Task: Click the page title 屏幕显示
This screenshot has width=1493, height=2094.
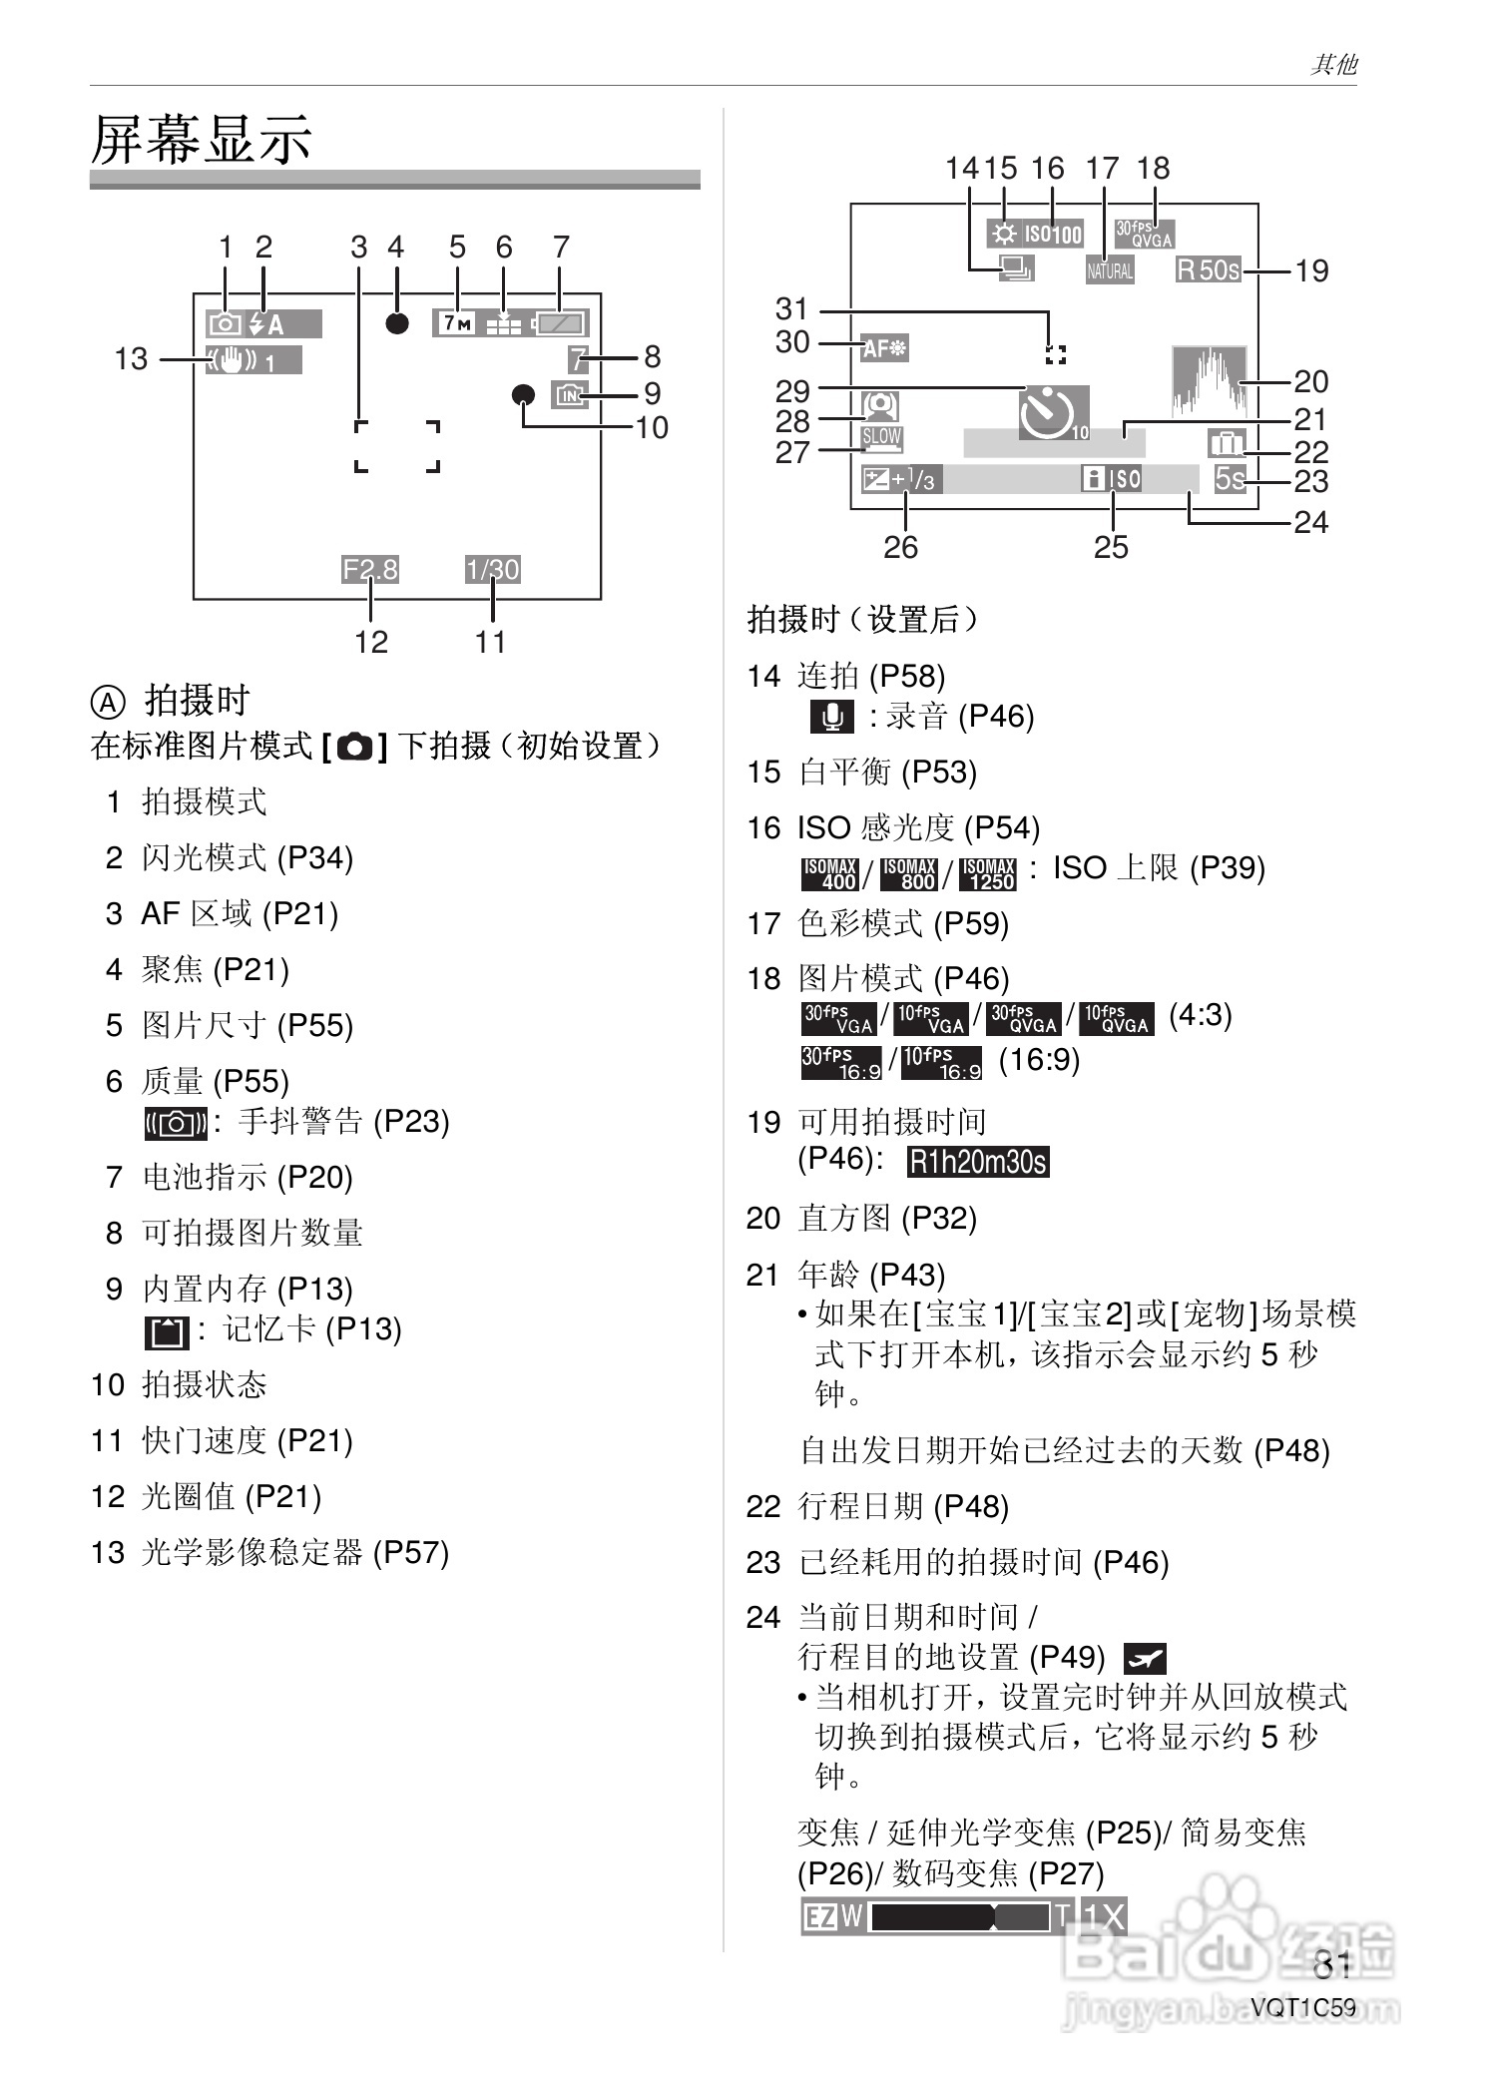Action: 201,139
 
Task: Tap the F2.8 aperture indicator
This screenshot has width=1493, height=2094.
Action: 369,569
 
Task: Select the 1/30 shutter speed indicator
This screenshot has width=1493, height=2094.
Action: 492,569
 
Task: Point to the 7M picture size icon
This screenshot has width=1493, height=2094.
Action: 457,323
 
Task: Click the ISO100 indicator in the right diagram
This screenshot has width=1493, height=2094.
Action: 1052,234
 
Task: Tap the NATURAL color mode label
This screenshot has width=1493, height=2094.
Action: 1110,269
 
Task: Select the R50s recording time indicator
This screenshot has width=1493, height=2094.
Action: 1209,269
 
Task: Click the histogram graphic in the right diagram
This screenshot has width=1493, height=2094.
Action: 1210,380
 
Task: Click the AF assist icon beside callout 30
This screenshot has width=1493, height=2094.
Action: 884,348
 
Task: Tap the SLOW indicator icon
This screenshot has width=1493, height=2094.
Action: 881,437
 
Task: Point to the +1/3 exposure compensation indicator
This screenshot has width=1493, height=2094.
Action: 899,480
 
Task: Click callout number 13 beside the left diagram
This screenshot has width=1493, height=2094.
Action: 131,358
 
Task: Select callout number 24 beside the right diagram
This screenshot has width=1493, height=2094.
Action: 1310,522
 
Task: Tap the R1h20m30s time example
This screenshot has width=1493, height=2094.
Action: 978,1162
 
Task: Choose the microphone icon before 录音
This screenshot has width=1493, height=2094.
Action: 831,717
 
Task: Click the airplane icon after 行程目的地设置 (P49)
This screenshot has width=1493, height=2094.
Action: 1145,1659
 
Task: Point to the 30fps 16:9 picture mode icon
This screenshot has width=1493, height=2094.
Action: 841,1062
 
